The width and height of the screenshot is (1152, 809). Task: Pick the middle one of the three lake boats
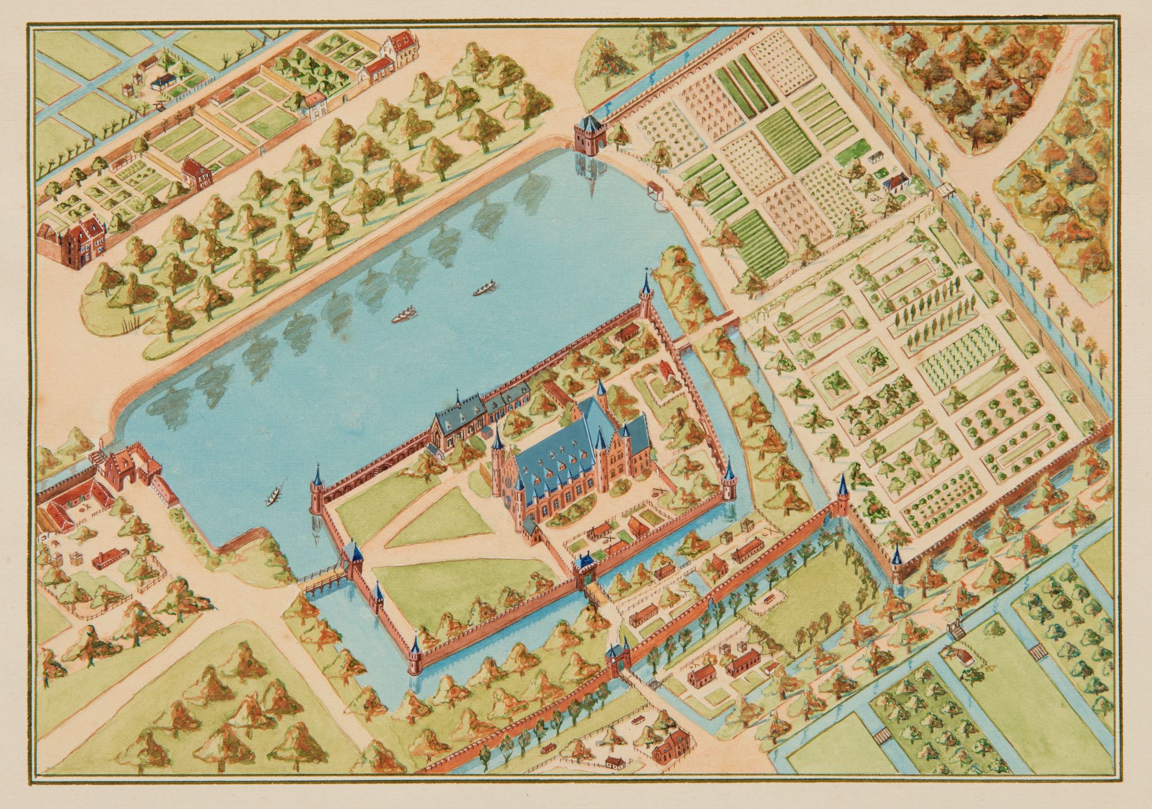tap(403, 316)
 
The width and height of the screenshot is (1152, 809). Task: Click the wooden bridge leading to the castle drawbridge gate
tap(323, 579)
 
